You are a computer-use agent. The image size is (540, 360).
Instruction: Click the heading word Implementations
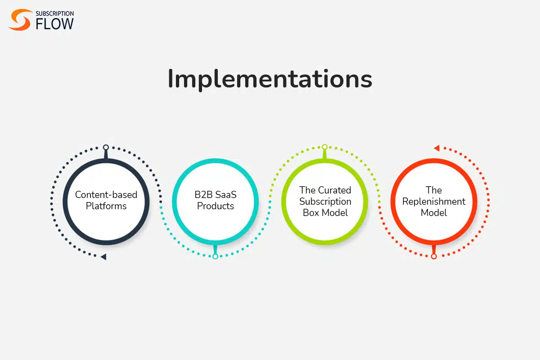tap(270, 79)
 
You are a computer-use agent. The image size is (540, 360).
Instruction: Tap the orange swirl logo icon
tap(20, 20)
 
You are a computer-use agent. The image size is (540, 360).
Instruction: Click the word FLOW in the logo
tap(55, 24)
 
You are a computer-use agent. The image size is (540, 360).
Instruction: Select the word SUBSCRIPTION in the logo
tap(55, 13)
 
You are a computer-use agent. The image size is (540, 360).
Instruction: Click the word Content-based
tap(106, 194)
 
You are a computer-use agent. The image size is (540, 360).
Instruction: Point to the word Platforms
tap(106, 206)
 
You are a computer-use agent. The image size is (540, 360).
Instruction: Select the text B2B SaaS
tap(216, 194)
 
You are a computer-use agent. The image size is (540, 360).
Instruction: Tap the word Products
tap(216, 206)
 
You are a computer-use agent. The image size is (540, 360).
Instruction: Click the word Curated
tap(335, 190)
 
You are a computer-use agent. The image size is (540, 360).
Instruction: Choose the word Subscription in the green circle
tap(325, 202)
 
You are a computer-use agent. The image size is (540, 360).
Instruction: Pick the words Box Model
tap(325, 213)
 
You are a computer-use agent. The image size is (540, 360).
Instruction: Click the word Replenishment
tap(434, 202)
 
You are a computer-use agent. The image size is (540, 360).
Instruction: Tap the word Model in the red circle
tap(434, 213)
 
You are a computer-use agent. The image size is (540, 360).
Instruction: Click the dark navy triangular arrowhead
tap(104, 257)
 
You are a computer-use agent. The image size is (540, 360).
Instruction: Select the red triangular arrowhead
tap(437, 148)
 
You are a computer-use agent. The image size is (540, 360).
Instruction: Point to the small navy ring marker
tap(106, 147)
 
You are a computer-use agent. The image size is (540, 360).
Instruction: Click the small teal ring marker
tap(216, 256)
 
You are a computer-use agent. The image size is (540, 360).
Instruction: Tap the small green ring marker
tap(325, 147)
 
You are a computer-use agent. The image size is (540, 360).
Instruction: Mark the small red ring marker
tap(434, 256)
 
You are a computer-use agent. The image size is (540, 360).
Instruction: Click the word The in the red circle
tap(434, 190)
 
